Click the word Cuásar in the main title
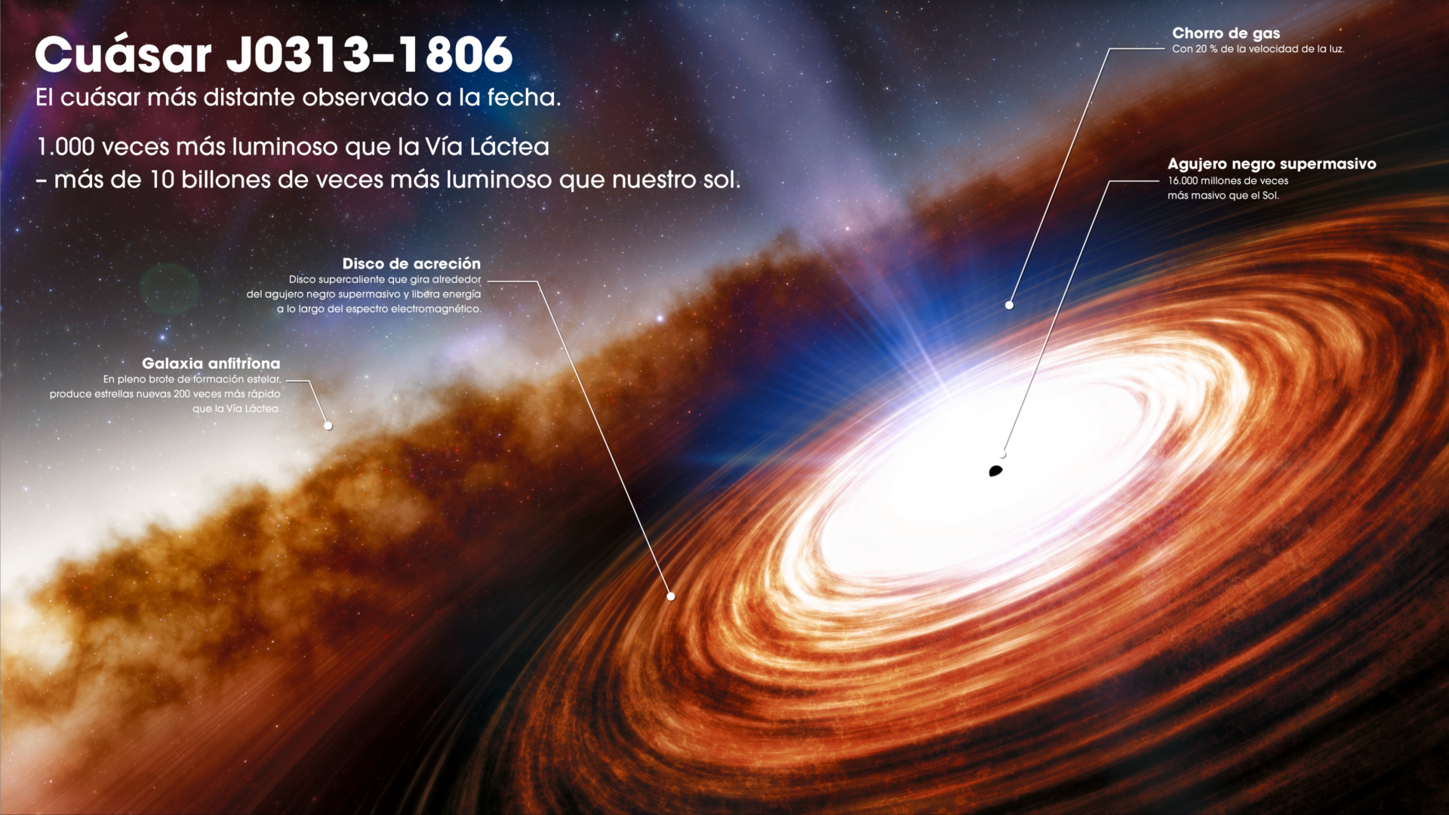[x=123, y=54]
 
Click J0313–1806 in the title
[x=369, y=54]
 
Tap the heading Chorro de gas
[x=1226, y=33]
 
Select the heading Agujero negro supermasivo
[x=1272, y=164]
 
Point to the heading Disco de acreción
[x=411, y=263]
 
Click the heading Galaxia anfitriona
[x=211, y=364]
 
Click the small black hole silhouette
[x=995, y=472]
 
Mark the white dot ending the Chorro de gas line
[x=1009, y=305]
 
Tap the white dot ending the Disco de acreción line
[x=671, y=596]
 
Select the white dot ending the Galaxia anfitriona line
[x=328, y=426]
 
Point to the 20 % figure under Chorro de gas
[x=1206, y=49]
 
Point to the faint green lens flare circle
[x=170, y=288]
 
